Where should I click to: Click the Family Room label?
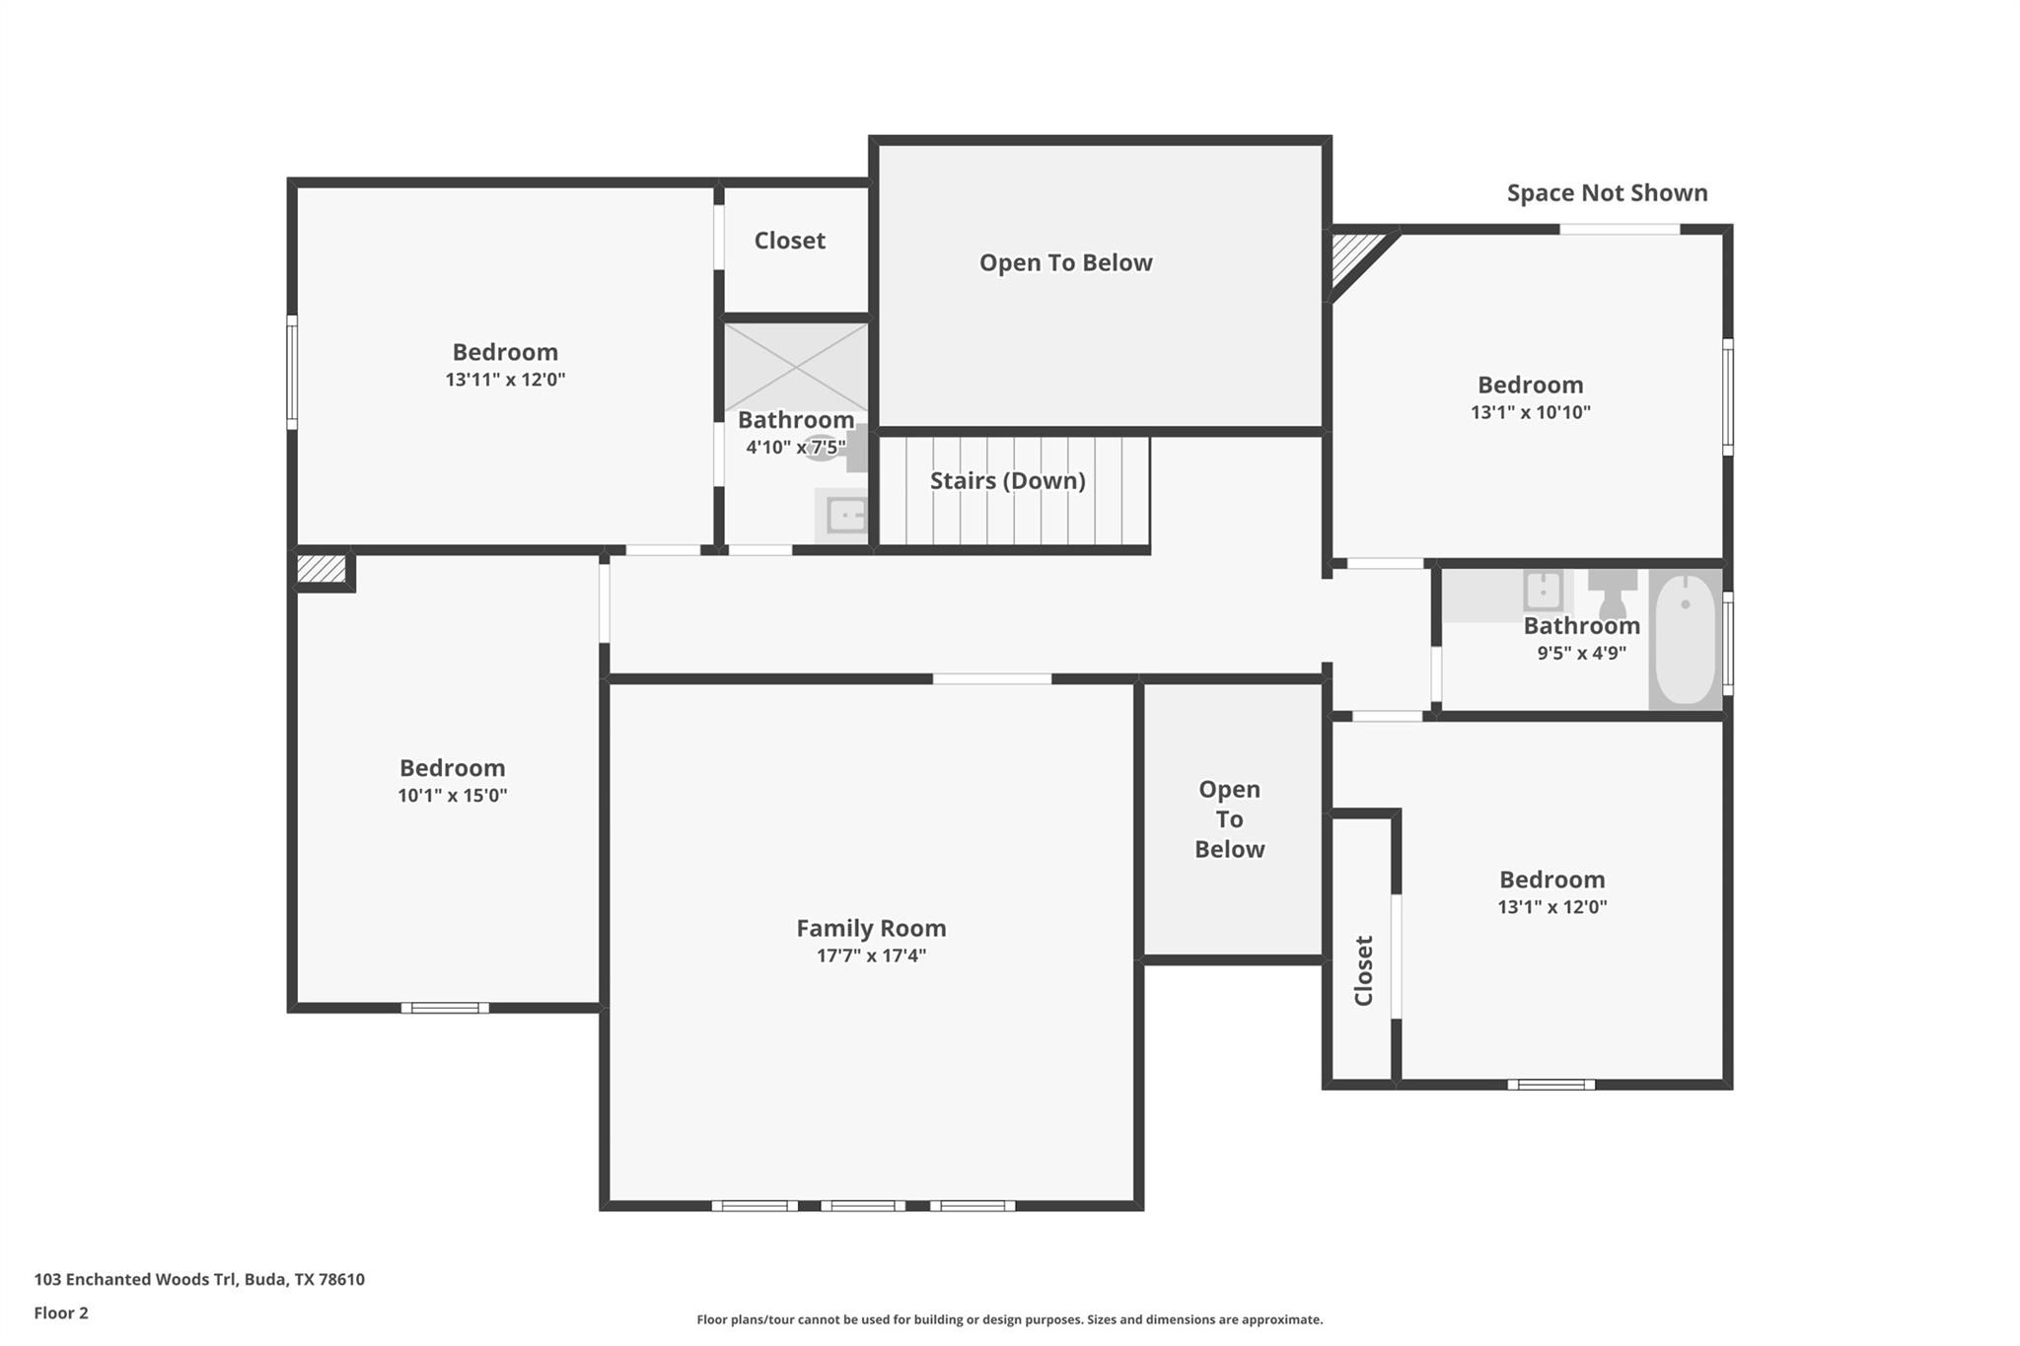tap(871, 928)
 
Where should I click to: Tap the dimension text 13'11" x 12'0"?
tap(505, 380)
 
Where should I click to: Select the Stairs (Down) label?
tap(1007, 480)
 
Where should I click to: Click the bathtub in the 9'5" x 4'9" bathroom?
tap(1685, 639)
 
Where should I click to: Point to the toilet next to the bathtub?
tap(1612, 592)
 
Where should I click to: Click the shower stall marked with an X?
tap(796, 366)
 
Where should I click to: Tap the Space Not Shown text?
tap(1607, 193)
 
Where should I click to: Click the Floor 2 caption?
tap(61, 1312)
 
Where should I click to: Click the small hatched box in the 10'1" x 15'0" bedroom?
tap(322, 569)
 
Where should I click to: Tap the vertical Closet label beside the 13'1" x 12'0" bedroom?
tap(1363, 970)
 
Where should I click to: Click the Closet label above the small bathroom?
tap(789, 241)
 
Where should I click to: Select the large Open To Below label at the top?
tap(1065, 262)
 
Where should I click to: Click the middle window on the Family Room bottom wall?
tap(863, 1205)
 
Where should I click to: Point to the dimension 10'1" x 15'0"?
tap(452, 796)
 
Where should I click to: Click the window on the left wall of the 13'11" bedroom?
tap(292, 372)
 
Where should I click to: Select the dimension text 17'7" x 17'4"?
tap(871, 956)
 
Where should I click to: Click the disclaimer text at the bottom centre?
tap(1009, 1319)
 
